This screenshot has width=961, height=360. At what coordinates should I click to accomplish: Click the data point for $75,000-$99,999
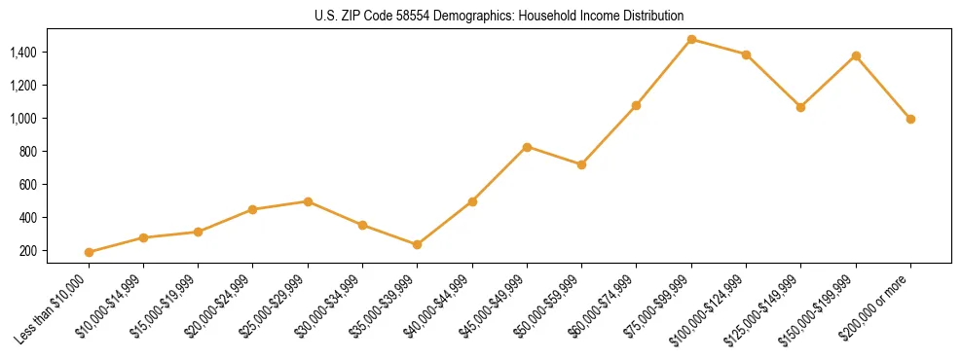pyautogui.click(x=691, y=39)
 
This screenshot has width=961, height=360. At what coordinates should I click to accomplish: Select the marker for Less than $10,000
pyautogui.click(x=89, y=252)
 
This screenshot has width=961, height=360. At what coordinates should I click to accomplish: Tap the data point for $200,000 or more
pyautogui.click(x=910, y=119)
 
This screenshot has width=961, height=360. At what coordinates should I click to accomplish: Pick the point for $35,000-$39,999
pyautogui.click(x=418, y=244)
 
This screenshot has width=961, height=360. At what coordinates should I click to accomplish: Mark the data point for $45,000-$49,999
pyautogui.click(x=527, y=147)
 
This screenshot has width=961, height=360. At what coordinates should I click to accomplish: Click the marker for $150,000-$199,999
pyautogui.click(x=856, y=55)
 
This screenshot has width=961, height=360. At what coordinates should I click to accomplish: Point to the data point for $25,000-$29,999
pyautogui.click(x=308, y=201)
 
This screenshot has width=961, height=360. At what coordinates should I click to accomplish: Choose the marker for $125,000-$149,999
pyautogui.click(x=800, y=107)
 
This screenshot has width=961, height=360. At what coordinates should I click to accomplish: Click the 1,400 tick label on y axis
pyautogui.click(x=24, y=52)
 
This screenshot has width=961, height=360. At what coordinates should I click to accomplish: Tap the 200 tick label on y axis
pyautogui.click(x=29, y=250)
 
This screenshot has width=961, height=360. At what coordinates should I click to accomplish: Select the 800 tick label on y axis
pyautogui.click(x=29, y=151)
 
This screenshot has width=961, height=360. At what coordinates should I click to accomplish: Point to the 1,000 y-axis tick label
pyautogui.click(x=24, y=118)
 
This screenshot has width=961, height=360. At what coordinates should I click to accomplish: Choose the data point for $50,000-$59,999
pyautogui.click(x=581, y=164)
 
